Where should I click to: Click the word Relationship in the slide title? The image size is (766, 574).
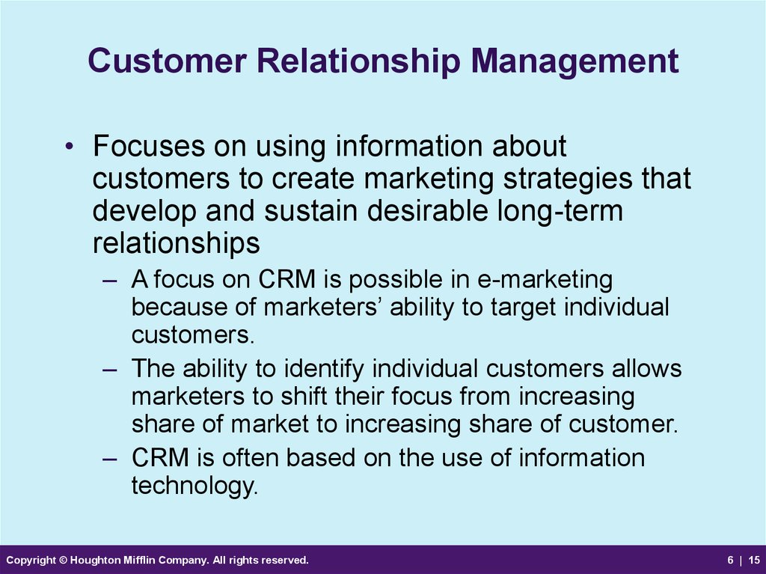coord(358,61)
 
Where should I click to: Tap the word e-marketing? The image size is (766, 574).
coord(545,280)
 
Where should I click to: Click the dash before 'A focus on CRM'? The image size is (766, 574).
coord(110,281)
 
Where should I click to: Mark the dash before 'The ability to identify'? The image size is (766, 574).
coord(110,370)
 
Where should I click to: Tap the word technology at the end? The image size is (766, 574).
coord(194,486)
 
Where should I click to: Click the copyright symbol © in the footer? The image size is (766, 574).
coord(63,561)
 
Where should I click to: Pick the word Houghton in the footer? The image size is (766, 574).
coord(92,561)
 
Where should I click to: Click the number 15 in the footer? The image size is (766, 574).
coord(754,561)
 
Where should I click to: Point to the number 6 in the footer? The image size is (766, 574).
coord(730,561)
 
